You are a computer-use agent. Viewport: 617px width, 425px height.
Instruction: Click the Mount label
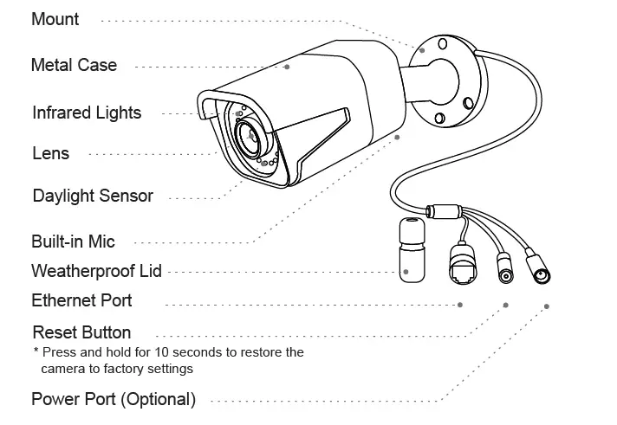coord(55,19)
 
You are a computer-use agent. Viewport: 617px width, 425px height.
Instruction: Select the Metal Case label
coord(74,65)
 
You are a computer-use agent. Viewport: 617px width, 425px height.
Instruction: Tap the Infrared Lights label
coord(87,113)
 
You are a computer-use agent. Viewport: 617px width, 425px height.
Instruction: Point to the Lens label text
coord(50,154)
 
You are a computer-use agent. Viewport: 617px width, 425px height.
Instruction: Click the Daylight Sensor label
coord(93,196)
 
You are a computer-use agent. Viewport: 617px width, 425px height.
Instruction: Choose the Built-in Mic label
coord(73,241)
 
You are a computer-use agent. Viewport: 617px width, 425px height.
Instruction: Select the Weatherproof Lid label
coord(96,271)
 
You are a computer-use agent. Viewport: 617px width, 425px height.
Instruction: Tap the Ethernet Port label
coord(81,301)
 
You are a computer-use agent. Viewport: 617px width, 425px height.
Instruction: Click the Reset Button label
coord(81,332)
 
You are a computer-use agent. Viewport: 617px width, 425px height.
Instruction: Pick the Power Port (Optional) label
coord(114,400)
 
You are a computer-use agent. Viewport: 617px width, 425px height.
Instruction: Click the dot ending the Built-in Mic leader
coord(398,136)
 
